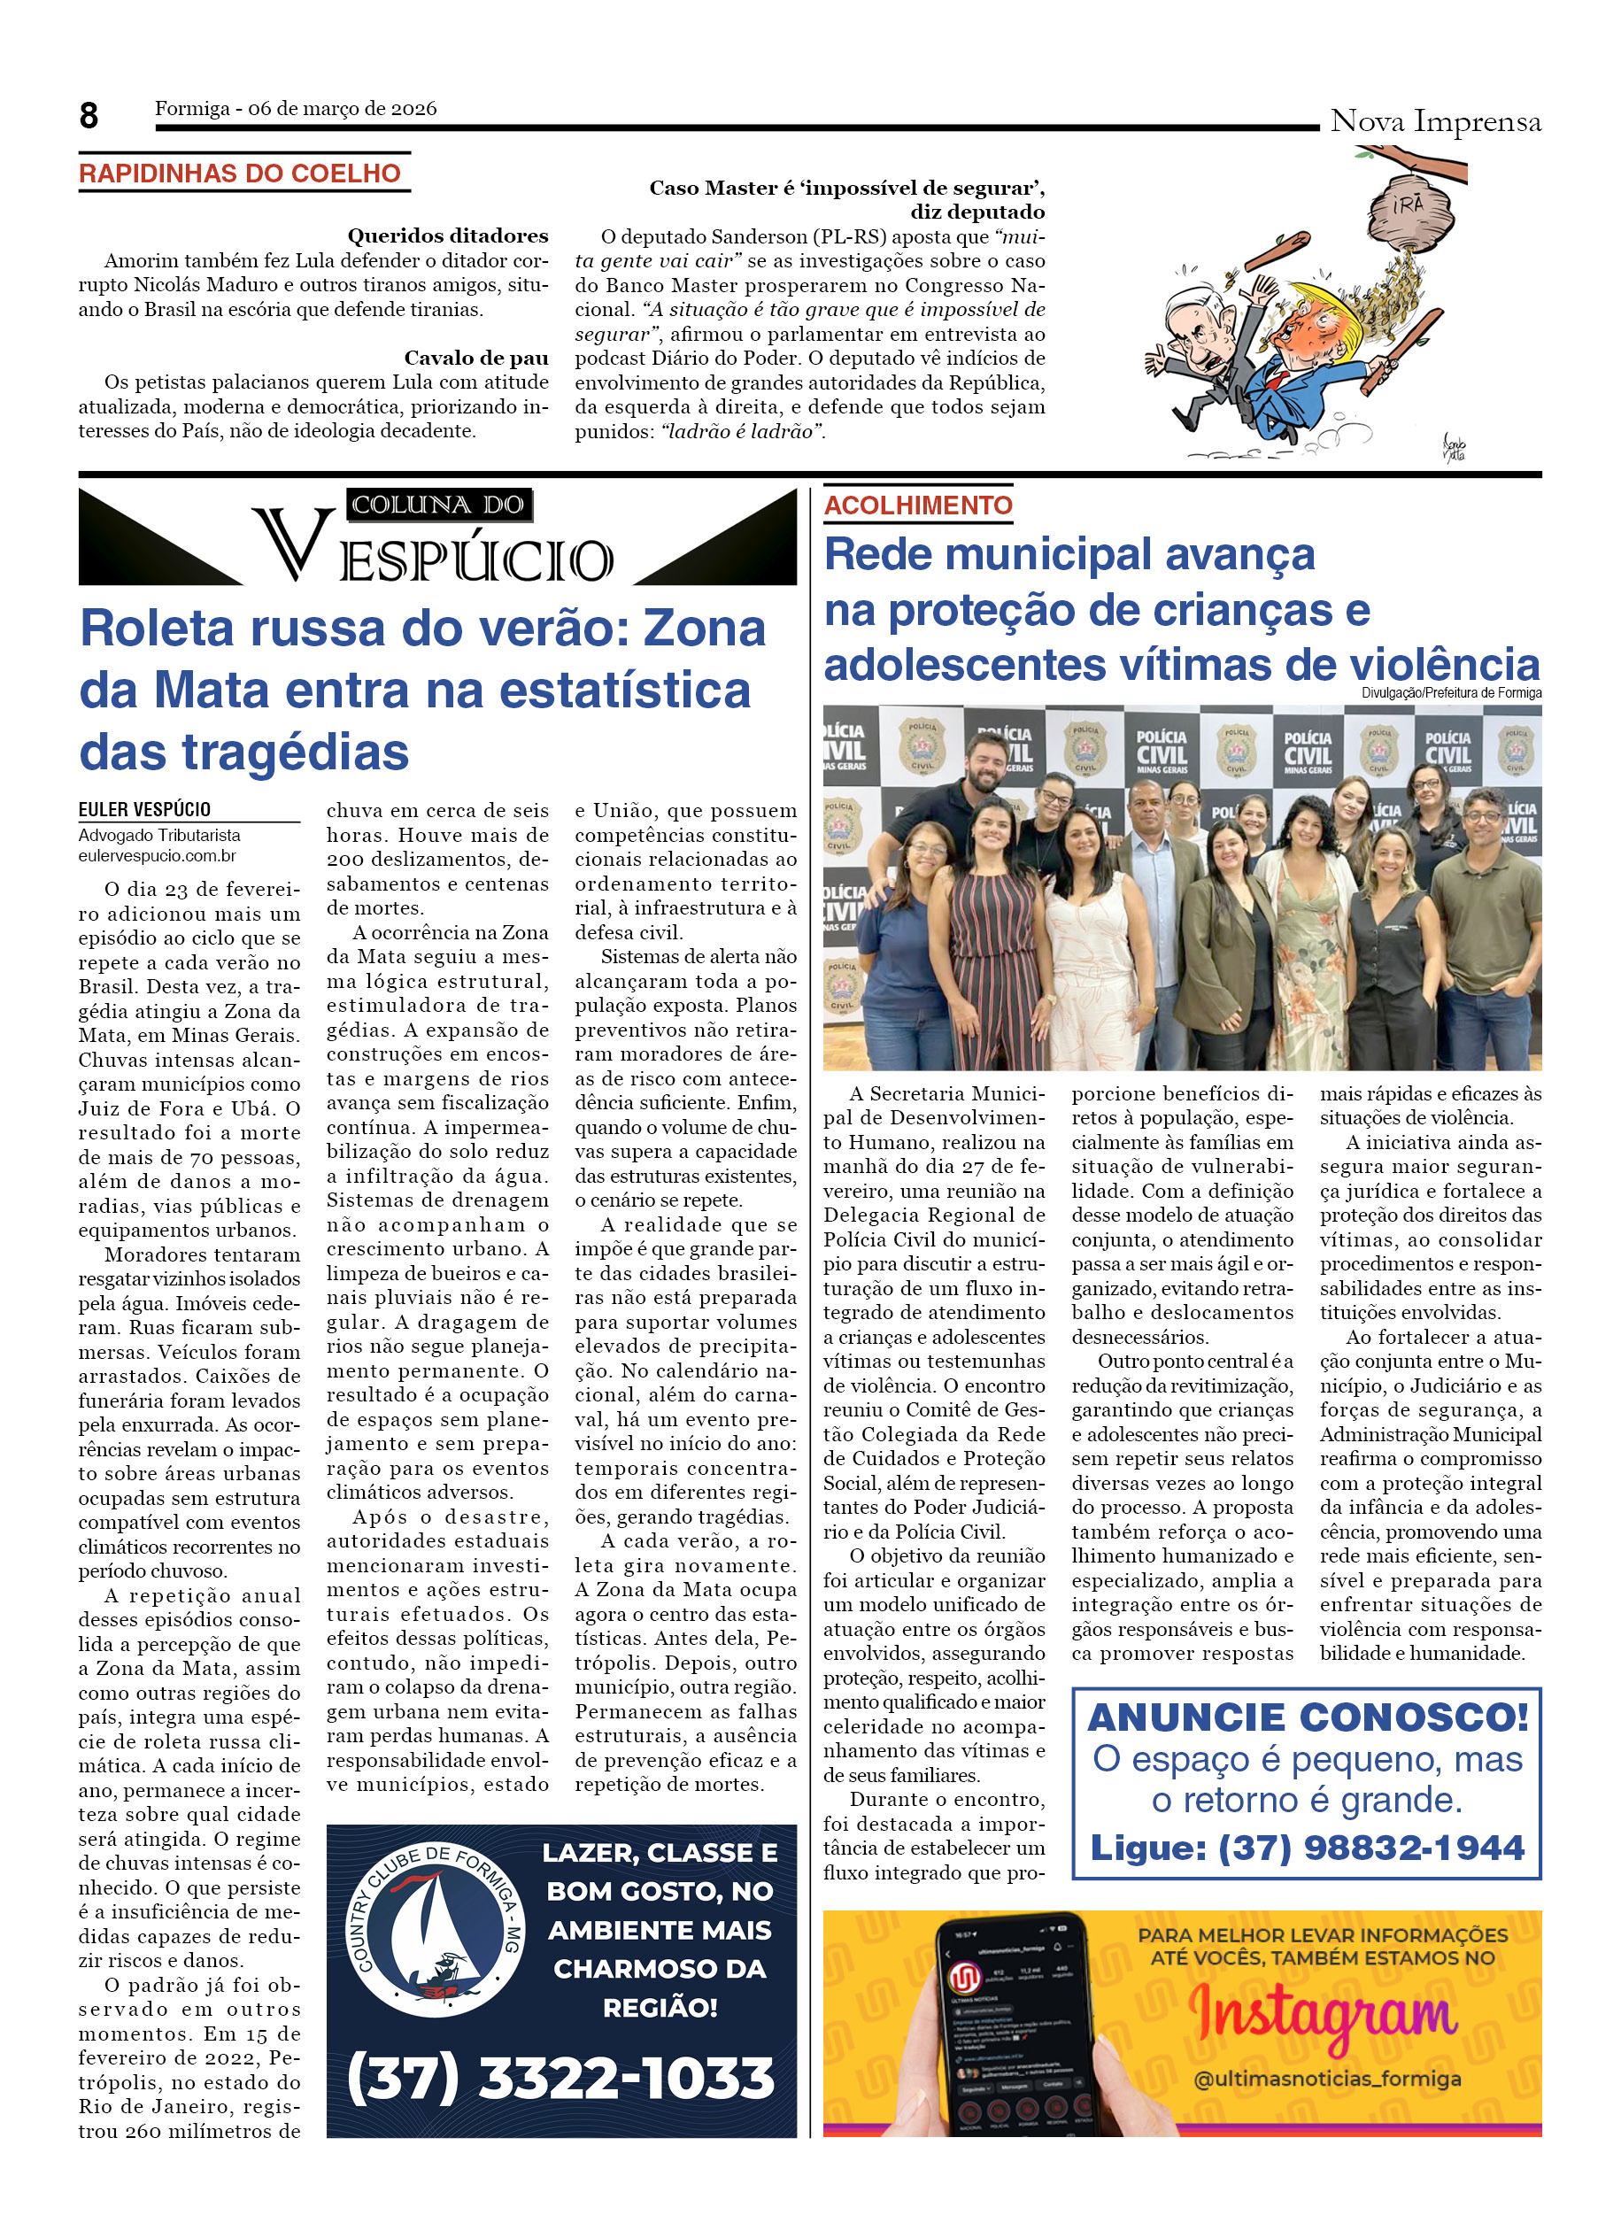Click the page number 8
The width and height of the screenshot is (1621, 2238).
coord(89,117)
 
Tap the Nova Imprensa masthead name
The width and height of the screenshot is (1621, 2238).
coord(1434,121)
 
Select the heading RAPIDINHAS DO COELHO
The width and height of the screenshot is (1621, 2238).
coord(240,174)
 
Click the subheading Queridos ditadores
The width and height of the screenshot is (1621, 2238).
coord(447,235)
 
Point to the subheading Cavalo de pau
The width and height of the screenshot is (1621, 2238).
coord(475,357)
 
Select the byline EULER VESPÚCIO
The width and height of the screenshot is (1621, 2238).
coord(145,809)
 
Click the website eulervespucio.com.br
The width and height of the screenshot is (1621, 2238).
coord(157,855)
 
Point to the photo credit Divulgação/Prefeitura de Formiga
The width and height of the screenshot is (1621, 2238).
coord(1450,692)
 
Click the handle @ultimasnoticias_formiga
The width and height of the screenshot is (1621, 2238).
coord(1327,2077)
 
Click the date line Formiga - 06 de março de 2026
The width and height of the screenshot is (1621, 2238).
coord(295,109)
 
